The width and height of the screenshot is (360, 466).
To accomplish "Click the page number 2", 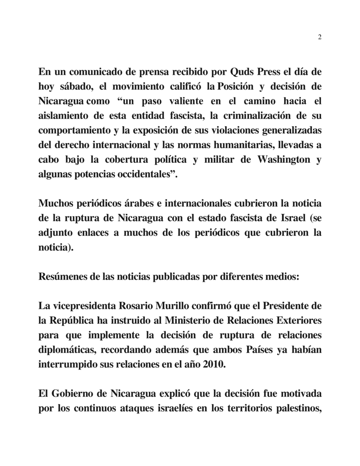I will click(320, 37).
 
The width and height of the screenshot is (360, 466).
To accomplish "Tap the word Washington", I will click(277, 160).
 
